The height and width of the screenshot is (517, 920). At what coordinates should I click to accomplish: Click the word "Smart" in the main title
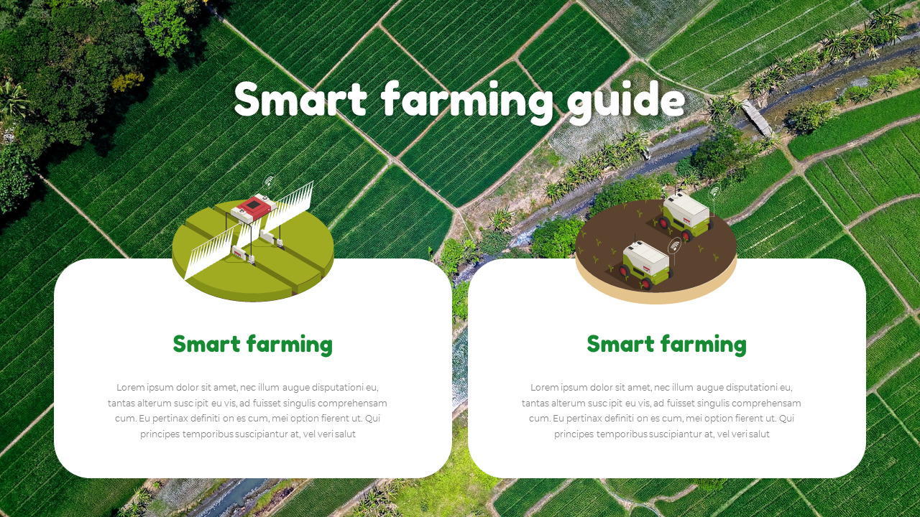tap(300, 100)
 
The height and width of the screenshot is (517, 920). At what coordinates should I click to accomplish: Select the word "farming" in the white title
tap(468, 100)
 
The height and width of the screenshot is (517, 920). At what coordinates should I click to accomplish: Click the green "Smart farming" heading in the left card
tap(252, 345)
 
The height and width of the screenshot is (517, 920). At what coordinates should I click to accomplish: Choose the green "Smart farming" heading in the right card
tap(666, 345)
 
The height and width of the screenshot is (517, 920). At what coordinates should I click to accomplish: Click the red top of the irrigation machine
tap(253, 207)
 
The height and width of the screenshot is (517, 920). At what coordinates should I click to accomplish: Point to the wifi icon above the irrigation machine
tap(269, 181)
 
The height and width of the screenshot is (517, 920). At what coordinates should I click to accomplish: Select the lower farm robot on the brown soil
tap(644, 264)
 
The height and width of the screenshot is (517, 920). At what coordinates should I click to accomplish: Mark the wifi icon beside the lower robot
tap(674, 246)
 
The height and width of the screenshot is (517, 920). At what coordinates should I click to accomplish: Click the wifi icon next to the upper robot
tap(714, 192)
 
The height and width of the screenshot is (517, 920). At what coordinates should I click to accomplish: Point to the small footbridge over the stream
tap(757, 117)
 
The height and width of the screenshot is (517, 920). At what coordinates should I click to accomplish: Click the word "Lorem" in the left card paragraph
tap(131, 388)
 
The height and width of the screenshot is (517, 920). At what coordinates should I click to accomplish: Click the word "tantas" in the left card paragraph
tap(121, 404)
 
